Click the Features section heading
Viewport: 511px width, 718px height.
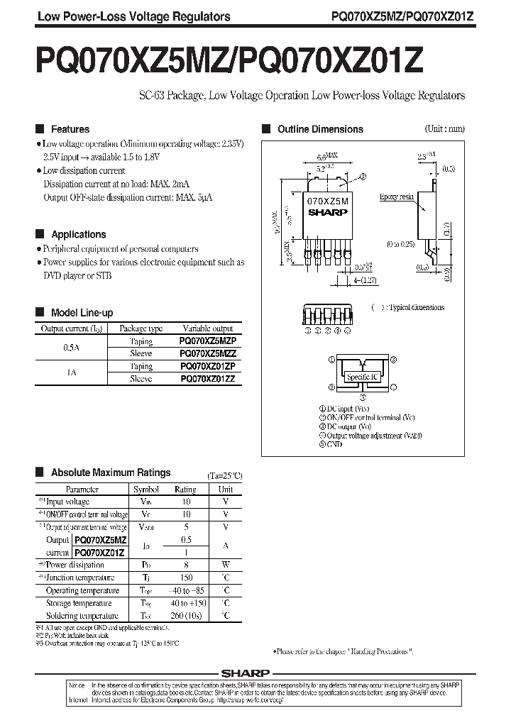(70, 129)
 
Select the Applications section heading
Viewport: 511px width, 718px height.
(78, 234)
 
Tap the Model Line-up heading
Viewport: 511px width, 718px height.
(82, 312)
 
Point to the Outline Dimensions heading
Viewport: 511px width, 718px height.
(319, 129)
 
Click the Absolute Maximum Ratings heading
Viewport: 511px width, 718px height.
(111, 473)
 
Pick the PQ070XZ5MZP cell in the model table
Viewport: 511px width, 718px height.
(207, 341)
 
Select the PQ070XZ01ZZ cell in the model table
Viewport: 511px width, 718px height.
(207, 380)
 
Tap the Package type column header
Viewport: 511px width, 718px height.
(141, 328)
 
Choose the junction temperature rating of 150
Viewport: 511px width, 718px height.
(186, 578)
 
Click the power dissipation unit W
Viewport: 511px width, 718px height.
(226, 565)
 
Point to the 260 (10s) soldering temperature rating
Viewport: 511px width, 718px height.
(186, 616)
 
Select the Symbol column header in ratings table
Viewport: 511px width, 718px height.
(147, 489)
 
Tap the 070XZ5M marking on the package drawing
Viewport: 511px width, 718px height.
(327, 201)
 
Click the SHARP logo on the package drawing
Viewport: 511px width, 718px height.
(327, 211)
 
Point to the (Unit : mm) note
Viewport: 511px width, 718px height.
(444, 129)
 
